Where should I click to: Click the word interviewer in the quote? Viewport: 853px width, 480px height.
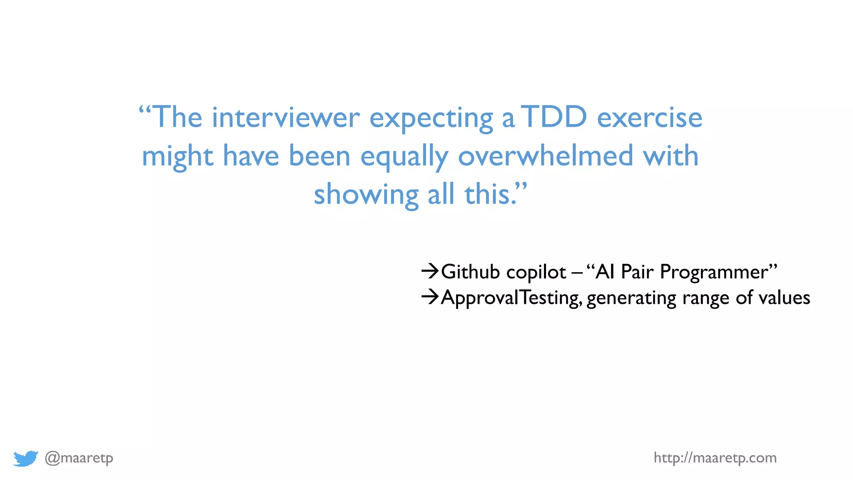(286, 117)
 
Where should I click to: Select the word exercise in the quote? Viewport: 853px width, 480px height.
(649, 117)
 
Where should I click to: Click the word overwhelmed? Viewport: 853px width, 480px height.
(545, 156)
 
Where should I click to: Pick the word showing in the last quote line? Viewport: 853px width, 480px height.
(366, 195)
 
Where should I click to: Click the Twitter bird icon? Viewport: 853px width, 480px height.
(25, 458)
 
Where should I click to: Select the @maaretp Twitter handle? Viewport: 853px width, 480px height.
(79, 458)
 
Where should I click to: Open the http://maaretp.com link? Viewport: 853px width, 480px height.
(715, 458)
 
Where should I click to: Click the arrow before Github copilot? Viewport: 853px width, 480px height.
(430, 272)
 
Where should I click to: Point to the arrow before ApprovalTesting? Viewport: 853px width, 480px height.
(430, 297)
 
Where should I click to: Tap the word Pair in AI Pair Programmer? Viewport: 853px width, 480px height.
(637, 272)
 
